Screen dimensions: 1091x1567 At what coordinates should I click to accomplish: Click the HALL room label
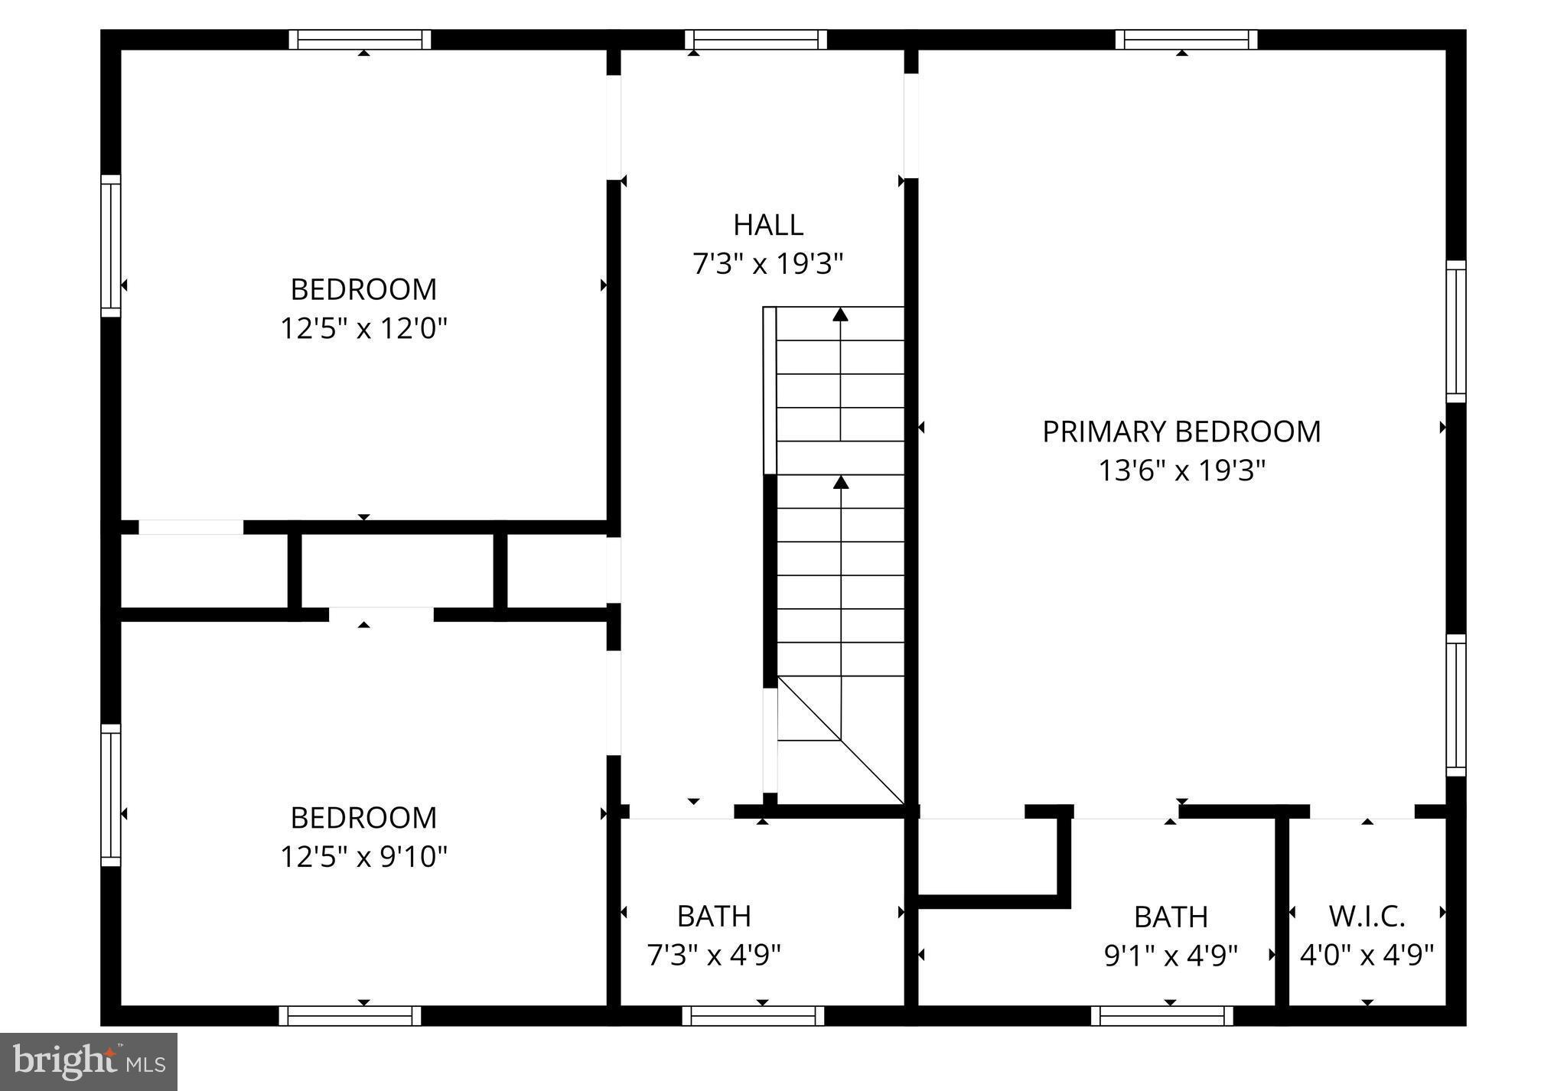[x=767, y=225]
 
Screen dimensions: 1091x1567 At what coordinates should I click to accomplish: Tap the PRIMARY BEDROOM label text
[x=1181, y=432]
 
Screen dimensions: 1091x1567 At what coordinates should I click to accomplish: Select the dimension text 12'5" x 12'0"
[x=363, y=329]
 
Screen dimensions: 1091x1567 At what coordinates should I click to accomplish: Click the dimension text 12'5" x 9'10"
[x=363, y=856]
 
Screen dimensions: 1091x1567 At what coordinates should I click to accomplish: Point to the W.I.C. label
[x=1367, y=916]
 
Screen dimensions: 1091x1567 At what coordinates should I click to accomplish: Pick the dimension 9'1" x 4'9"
[x=1171, y=955]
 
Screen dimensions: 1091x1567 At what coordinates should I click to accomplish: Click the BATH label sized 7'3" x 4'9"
[x=714, y=916]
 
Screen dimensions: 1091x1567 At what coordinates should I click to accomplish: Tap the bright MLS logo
[x=89, y=1061]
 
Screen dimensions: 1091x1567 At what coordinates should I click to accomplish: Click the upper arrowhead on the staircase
[x=841, y=314]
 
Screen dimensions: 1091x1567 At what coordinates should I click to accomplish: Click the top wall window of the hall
[x=756, y=39]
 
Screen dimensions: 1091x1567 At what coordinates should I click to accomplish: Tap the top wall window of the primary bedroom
[x=1186, y=39]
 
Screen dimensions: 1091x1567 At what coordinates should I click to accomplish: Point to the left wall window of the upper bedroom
[x=112, y=246]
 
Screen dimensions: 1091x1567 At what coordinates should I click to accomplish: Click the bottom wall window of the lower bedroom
[x=350, y=1016]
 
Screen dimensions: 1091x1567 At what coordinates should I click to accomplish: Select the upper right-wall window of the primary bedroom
[x=1455, y=331]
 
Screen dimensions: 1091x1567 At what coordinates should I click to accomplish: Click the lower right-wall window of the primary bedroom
[x=1455, y=705]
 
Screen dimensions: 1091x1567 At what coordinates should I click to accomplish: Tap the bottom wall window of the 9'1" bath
[x=1161, y=1016]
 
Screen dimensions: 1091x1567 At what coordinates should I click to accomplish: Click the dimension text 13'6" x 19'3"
[x=1181, y=471]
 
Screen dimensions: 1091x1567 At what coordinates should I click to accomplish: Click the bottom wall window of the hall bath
[x=753, y=1016]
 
